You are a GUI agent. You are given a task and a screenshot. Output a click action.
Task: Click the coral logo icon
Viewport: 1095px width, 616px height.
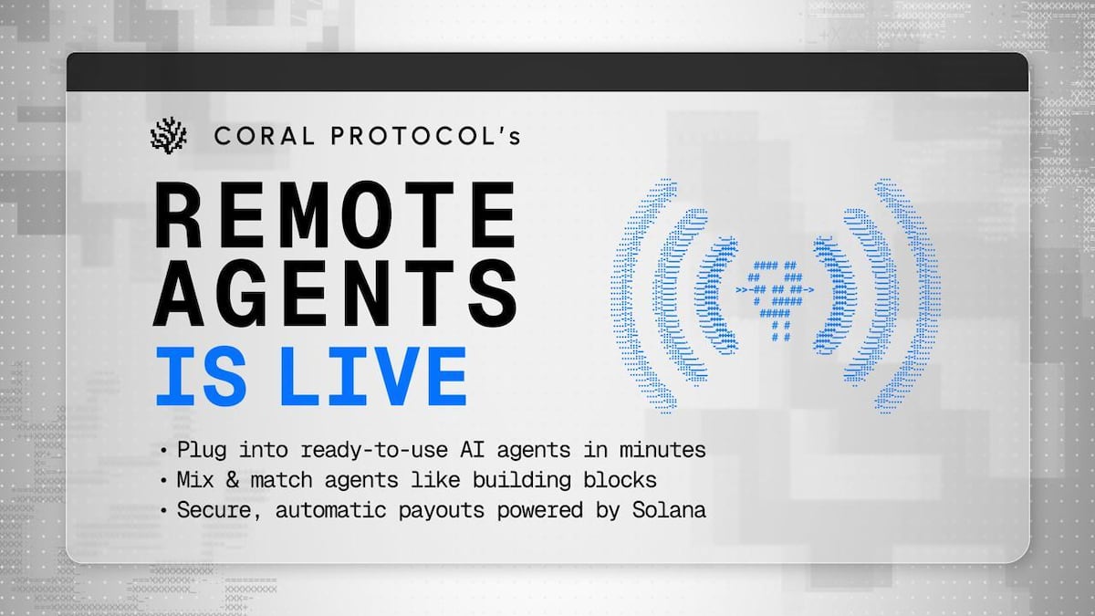(168, 135)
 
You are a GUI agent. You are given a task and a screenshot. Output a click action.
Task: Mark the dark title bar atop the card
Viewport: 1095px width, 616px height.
(547, 71)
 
